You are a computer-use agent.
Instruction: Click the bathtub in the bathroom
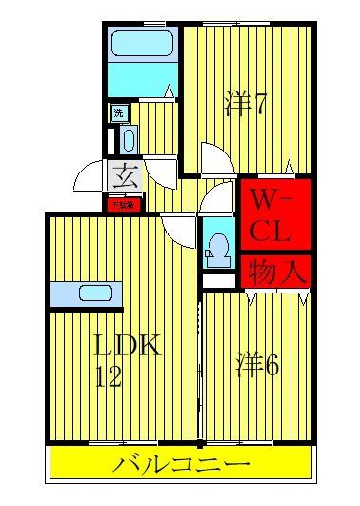click(141, 45)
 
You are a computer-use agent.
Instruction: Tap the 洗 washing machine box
click(119, 113)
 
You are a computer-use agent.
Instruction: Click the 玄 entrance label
click(123, 175)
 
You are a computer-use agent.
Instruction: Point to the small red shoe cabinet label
click(122, 203)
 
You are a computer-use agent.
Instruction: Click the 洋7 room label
click(246, 101)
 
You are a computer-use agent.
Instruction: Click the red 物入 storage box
click(275, 273)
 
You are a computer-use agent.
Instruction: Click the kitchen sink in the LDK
click(95, 293)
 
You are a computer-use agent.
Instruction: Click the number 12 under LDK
click(109, 376)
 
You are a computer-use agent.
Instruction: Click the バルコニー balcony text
click(181, 466)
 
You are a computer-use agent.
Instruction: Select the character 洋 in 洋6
click(247, 363)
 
